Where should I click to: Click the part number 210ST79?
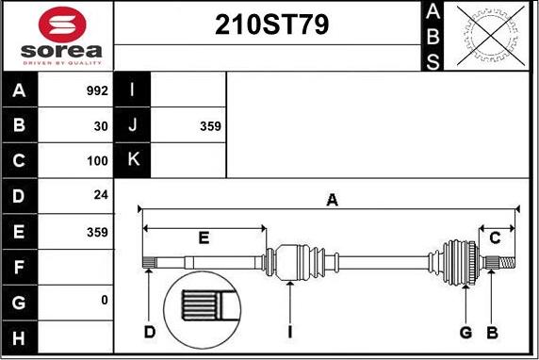tap(271, 25)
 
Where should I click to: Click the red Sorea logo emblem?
tap(62, 25)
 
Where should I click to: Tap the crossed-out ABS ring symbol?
tap(491, 36)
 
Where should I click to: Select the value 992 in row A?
tap(97, 90)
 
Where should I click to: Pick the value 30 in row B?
tap(101, 126)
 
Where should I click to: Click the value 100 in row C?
tap(97, 160)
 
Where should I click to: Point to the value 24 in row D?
tap(101, 195)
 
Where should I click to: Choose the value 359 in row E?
tap(97, 232)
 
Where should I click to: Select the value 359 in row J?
tap(210, 126)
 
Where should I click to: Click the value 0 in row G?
tap(105, 301)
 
